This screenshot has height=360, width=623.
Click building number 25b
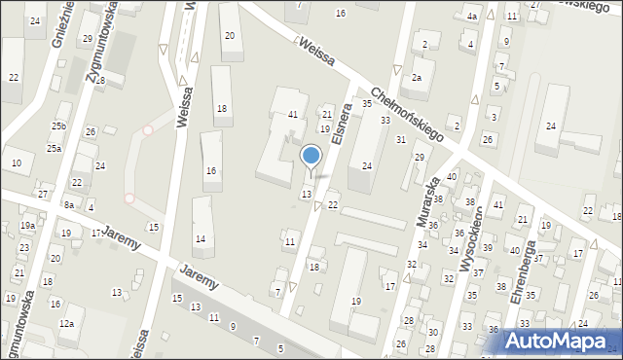coord(58,126)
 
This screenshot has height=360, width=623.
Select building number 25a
coord(54,149)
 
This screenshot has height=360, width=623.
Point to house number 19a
coord(27,226)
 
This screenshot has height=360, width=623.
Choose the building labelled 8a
coord(68,205)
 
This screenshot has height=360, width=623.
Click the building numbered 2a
coord(417,77)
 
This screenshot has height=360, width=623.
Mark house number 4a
coord(471,17)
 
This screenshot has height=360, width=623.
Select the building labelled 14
coord(201,239)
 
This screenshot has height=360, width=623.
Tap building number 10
coord(18,162)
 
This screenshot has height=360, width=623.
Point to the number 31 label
coord(401,140)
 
